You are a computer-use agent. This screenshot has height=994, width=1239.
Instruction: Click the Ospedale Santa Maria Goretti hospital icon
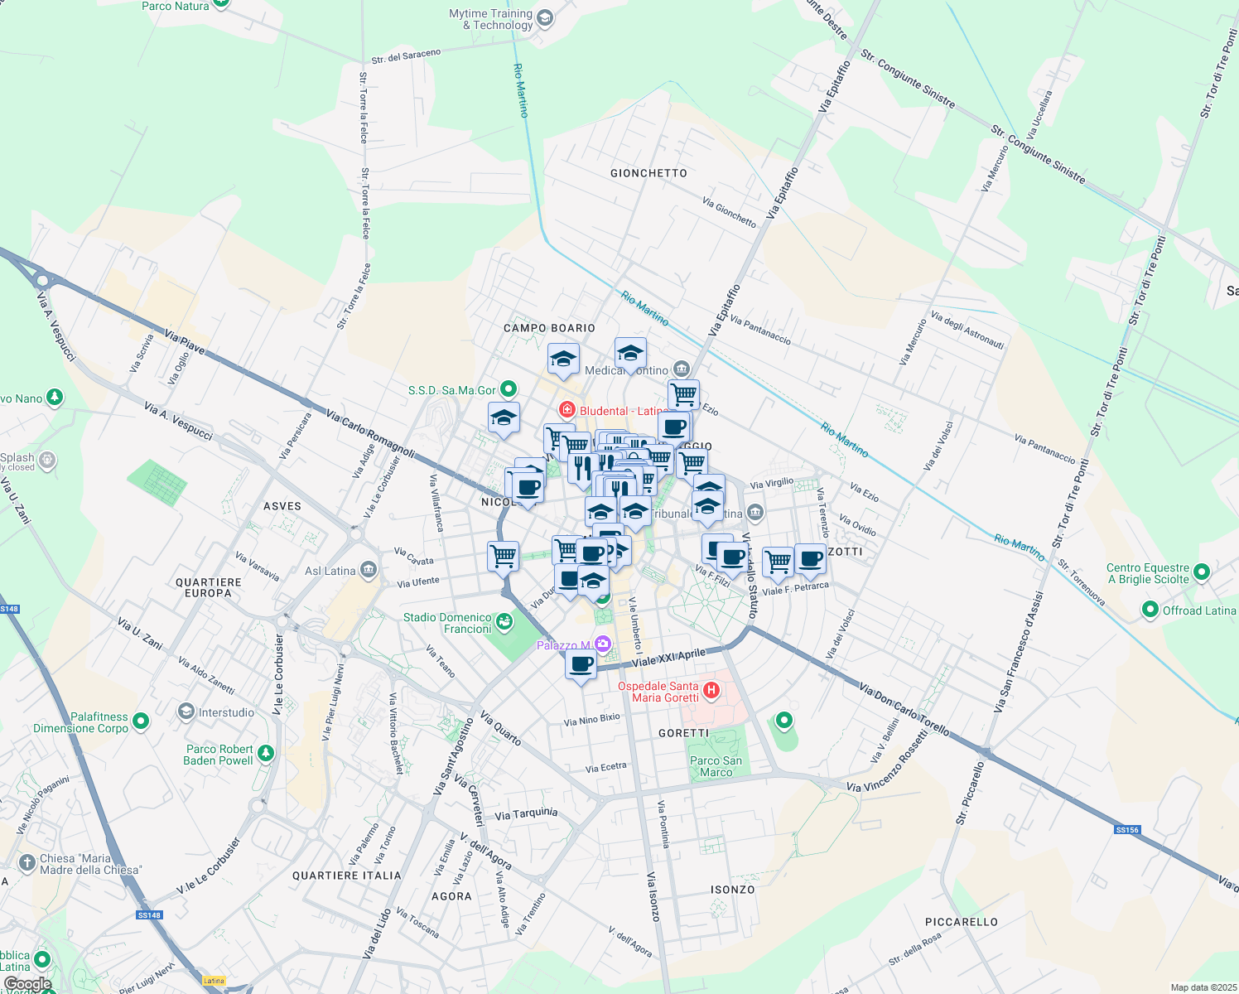tap(711, 690)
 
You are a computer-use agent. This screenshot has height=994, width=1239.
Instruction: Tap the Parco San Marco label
tap(716, 766)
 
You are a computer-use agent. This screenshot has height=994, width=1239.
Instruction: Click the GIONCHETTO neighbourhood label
tap(648, 173)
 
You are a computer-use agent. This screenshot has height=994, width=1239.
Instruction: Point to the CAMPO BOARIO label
tap(549, 328)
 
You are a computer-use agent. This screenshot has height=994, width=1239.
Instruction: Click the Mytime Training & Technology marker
tap(544, 18)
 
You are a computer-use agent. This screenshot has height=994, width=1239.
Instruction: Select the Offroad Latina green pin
tap(1150, 610)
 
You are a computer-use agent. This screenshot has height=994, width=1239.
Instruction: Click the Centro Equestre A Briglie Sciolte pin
tap(1202, 572)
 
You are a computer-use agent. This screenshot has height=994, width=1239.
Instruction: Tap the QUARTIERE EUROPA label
tap(209, 587)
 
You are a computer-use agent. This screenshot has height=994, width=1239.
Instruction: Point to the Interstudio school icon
tap(186, 712)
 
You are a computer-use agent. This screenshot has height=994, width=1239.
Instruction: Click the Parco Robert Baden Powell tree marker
tap(265, 753)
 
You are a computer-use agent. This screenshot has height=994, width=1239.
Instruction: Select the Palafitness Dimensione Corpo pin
tap(141, 721)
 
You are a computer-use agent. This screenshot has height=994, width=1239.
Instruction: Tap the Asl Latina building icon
tap(369, 570)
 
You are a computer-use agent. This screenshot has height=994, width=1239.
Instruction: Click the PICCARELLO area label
tap(961, 922)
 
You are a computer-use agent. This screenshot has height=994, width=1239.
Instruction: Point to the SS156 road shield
tap(1127, 829)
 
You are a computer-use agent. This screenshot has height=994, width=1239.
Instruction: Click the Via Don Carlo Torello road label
tap(904, 710)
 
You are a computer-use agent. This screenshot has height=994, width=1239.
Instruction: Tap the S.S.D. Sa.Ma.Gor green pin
tap(509, 388)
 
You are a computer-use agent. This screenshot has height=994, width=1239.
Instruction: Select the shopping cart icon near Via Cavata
tap(503, 556)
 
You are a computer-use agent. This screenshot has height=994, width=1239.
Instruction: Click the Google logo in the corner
tap(28, 984)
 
